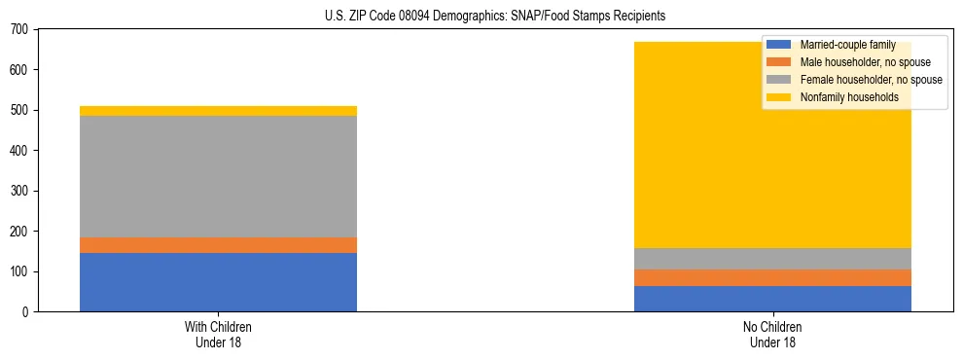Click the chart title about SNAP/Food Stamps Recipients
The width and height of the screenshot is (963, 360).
tap(496, 17)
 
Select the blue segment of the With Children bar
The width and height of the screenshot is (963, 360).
tap(218, 282)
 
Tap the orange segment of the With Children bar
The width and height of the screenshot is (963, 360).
tap(218, 245)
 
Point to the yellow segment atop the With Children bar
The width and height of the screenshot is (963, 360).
tap(218, 111)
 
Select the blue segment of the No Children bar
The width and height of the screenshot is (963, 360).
tap(772, 299)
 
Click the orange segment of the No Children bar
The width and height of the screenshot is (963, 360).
tap(772, 277)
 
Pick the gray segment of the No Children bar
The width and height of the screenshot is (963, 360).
tap(772, 258)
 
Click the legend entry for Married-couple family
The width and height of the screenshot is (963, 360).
tap(846, 45)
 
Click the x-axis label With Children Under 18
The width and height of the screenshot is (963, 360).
tap(218, 335)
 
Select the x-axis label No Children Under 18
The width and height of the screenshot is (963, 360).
tap(772, 335)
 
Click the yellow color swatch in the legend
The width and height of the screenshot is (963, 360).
tap(779, 97)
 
